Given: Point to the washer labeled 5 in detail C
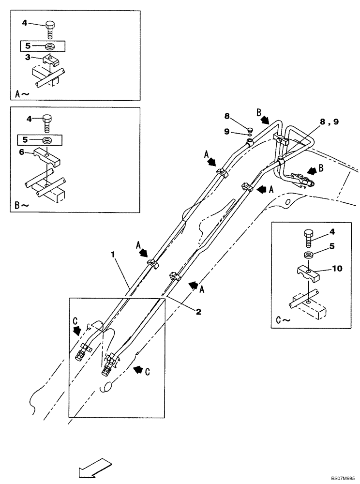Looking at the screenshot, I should pos(308,256).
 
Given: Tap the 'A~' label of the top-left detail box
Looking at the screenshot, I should pos(24,94).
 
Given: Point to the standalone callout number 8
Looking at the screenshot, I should pos(226,117).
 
